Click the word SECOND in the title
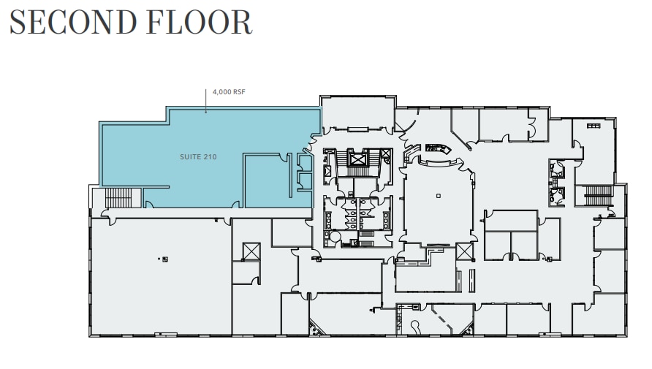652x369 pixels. (65, 22)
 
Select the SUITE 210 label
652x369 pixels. (198, 157)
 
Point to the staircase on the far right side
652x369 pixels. (599, 195)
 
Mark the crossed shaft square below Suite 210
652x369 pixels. (251, 251)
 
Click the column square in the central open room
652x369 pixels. (438, 196)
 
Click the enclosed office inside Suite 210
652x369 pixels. (262, 180)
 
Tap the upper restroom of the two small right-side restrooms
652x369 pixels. (558, 170)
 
